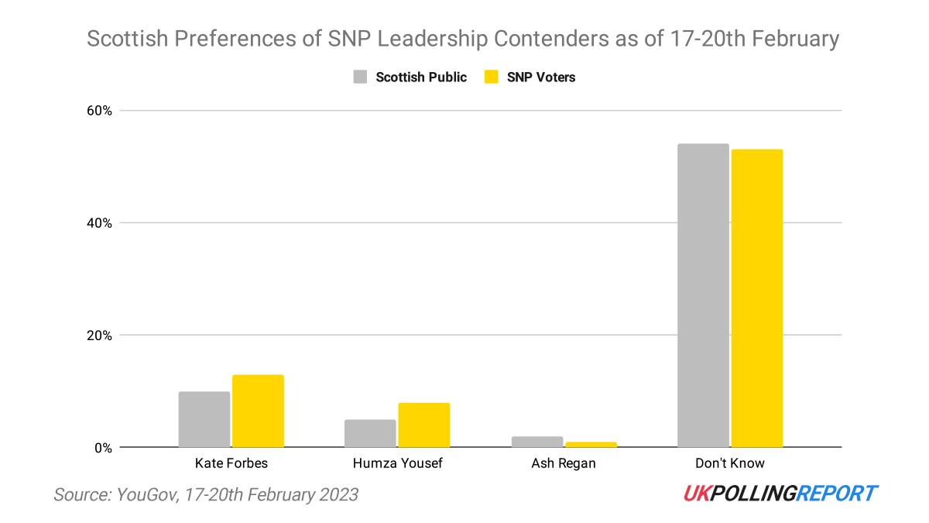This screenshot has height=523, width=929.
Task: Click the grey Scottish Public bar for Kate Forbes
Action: (204, 419)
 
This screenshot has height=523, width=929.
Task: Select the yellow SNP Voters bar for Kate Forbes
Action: (258, 411)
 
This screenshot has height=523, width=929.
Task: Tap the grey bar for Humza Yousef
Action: (370, 433)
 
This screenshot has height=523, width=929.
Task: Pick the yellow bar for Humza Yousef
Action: (423, 425)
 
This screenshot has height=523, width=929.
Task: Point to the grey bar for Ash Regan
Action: (536, 442)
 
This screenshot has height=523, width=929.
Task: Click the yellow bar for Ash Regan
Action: (591, 444)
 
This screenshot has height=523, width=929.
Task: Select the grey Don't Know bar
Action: (703, 295)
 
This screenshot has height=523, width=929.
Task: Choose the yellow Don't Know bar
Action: (757, 298)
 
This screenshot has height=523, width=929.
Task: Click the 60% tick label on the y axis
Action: (98, 111)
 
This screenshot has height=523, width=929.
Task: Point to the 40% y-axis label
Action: (98, 223)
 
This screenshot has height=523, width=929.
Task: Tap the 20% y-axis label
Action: (98, 335)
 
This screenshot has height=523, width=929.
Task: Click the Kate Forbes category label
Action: (231, 463)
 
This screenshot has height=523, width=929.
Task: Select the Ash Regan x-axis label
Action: (564, 463)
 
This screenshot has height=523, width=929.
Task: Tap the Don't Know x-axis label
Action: (730, 463)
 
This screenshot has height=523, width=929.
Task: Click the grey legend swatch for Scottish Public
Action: (360, 77)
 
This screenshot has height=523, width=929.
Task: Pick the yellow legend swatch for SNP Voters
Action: (491, 77)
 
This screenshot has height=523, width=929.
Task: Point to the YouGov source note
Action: (206, 494)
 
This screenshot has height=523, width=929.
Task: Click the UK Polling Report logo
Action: (780, 494)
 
